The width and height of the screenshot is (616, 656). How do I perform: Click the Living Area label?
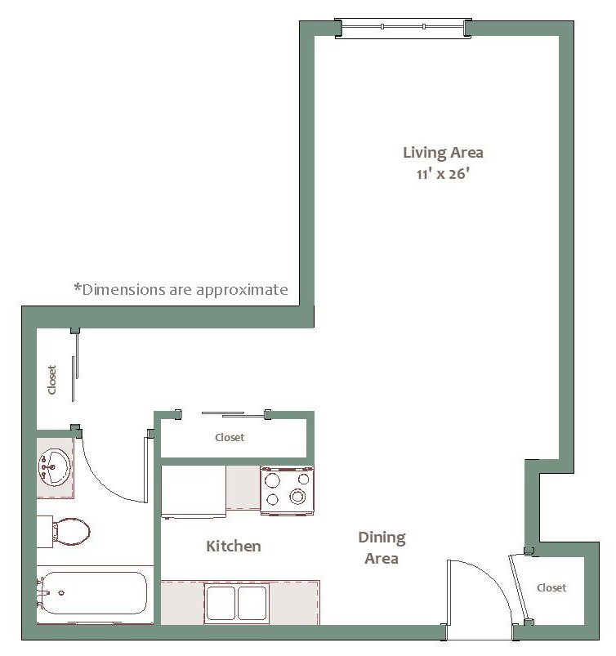tap(443, 153)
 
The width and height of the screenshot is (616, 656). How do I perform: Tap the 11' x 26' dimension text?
tap(443, 174)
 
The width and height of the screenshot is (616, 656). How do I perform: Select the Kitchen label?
tap(234, 546)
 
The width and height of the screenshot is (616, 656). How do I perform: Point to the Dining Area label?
tap(382, 547)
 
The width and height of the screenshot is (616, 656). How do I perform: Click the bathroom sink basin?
tap(55, 467)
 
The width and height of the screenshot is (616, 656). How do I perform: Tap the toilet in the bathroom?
tap(64, 532)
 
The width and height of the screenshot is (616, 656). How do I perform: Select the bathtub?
tap(93, 593)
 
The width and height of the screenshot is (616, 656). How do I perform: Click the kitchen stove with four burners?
tap(287, 490)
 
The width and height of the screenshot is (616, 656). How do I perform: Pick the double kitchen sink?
tap(237, 602)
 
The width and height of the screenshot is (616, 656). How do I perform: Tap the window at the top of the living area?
tap(404, 28)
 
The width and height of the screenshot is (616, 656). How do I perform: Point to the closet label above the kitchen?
tap(230, 438)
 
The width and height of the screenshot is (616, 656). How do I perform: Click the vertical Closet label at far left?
tap(52, 380)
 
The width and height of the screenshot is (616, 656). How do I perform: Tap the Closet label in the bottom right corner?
tap(551, 588)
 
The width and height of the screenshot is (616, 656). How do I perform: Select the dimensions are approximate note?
tap(181, 289)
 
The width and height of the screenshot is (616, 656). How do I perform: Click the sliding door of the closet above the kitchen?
tap(234, 415)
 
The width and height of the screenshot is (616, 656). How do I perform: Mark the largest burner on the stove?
tap(297, 497)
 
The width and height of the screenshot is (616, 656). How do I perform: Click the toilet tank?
tap(45, 532)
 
